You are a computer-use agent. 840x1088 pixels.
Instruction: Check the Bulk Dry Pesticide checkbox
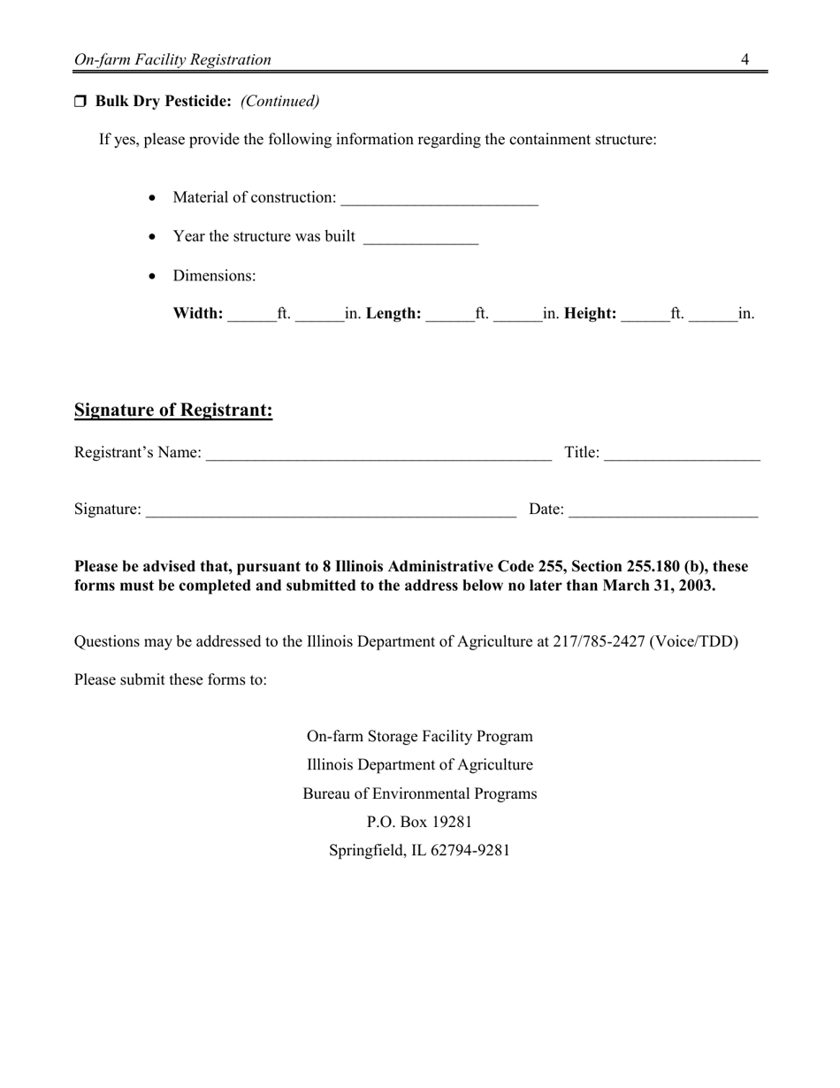[x=80, y=102]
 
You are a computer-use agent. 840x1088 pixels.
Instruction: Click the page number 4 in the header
[x=745, y=59]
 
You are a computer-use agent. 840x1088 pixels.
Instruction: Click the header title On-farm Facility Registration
[x=172, y=60]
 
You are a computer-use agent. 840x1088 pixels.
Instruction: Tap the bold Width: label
[x=198, y=313]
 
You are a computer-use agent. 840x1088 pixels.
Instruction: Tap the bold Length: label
[x=393, y=313]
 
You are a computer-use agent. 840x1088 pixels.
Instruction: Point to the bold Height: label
[x=590, y=313]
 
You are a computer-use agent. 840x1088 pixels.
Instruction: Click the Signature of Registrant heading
[x=173, y=410]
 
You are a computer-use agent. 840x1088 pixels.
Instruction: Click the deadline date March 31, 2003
[x=658, y=586]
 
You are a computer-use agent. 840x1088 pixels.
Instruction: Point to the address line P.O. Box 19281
[x=419, y=822]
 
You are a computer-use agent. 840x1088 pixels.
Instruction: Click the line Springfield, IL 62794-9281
[x=419, y=850]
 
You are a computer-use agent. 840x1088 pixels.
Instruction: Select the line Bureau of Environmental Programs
[x=419, y=793]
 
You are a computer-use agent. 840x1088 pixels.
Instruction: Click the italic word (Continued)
[x=279, y=101]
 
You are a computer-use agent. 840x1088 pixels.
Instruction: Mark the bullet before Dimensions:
[x=153, y=276]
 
